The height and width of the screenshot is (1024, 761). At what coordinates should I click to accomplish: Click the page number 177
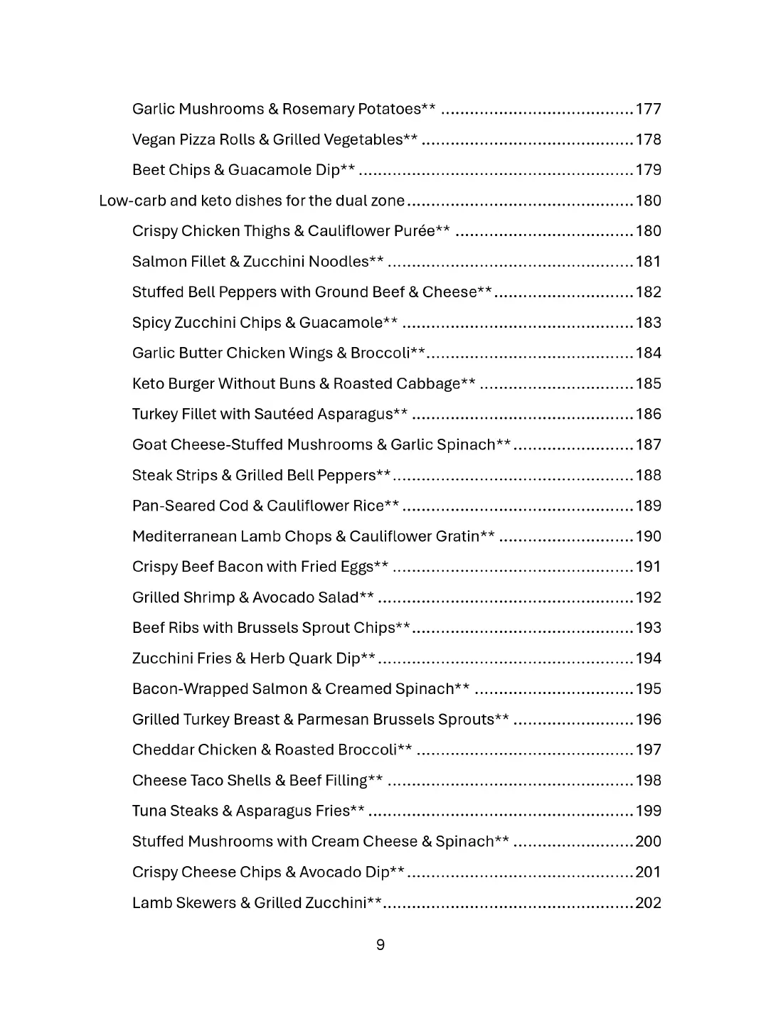[648, 109]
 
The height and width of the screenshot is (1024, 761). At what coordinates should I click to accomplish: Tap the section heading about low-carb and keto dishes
[252, 201]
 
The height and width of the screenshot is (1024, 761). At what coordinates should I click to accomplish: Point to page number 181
[648, 262]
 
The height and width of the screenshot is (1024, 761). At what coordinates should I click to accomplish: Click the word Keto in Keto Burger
[148, 384]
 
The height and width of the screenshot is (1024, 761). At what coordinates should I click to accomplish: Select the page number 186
[648, 415]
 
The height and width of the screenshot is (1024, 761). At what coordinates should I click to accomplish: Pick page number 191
[648, 567]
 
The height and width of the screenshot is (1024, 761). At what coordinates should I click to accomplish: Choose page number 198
[648, 781]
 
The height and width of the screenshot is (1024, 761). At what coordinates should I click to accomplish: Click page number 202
[648, 903]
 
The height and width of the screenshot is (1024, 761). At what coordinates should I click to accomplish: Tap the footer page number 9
[380, 944]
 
